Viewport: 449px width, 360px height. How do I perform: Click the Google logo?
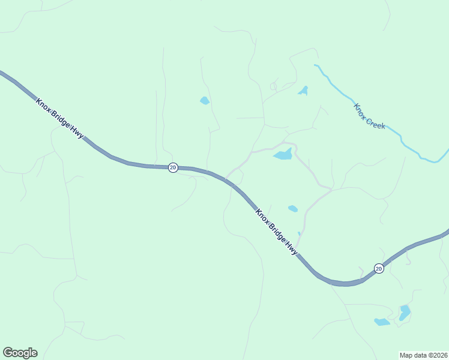click(20, 353)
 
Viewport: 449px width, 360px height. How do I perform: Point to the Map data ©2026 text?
click(424, 355)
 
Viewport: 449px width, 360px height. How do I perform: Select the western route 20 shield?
click(173, 167)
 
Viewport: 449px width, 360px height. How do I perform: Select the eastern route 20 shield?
click(378, 268)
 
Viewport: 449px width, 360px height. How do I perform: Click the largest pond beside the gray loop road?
click(283, 155)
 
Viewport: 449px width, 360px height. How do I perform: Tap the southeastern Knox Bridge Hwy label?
click(276, 232)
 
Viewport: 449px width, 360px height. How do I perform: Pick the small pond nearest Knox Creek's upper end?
click(303, 91)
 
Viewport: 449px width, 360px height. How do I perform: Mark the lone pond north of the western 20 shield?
click(205, 101)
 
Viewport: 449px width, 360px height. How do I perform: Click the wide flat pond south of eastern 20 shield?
click(382, 322)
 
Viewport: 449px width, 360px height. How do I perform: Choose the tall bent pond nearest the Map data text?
click(405, 312)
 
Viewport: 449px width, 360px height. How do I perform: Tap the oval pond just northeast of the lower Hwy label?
click(292, 209)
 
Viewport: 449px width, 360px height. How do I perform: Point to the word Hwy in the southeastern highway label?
click(291, 247)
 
